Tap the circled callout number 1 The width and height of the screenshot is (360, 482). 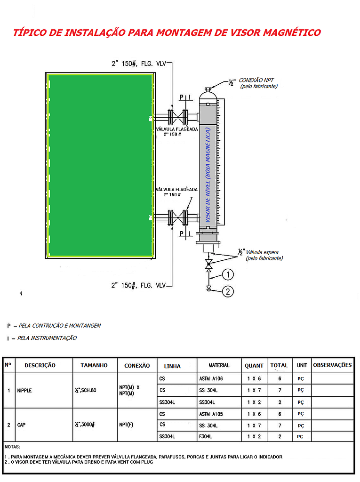coord(228,274)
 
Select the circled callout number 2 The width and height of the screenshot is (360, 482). coord(228,292)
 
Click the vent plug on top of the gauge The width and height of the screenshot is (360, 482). coord(208,88)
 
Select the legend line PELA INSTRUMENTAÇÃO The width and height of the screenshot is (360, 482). coord(47,338)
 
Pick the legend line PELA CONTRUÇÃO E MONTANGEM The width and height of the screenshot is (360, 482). coord(59,326)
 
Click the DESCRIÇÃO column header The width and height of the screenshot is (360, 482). coord(40,365)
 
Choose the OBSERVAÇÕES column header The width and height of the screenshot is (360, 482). coord(332,365)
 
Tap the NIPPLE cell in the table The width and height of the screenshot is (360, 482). coord(24,391)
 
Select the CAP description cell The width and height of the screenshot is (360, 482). coord(22,425)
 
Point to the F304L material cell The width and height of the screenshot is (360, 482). coord(206,437)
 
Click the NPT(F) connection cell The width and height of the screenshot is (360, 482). coord(126,425)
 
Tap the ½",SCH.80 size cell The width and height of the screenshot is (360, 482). coord(85,391)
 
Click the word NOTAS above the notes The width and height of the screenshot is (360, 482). coord(12,446)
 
